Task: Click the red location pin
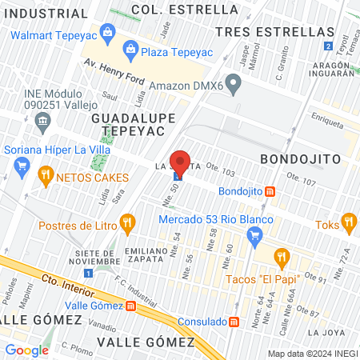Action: pos(180,161)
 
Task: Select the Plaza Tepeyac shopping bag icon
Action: pos(130,51)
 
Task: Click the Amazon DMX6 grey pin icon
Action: pos(233,82)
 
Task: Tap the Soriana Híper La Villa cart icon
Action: pos(22,167)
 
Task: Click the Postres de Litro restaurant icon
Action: pos(126,223)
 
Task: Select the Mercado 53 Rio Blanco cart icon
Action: pos(255,235)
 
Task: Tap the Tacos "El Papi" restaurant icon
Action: pos(280,257)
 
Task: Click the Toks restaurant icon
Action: pos(348,222)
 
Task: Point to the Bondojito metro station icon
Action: pos(270,191)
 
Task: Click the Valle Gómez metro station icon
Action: pos(130,305)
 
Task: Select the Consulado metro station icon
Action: pos(234,322)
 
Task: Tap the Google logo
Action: pos(27,350)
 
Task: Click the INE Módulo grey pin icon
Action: pos(42,120)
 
